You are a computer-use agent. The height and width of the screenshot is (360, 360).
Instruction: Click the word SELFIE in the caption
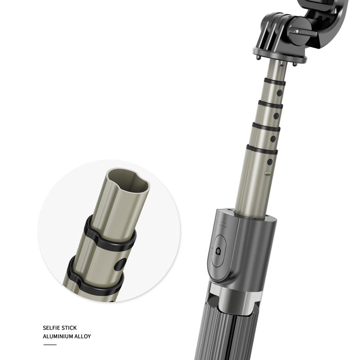51,328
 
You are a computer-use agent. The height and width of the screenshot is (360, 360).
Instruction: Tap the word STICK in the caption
69,328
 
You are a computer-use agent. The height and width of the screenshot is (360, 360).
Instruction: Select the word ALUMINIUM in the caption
58,336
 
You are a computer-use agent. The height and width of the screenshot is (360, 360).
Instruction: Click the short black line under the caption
50,344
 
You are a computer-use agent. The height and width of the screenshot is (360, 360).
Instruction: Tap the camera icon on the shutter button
219,251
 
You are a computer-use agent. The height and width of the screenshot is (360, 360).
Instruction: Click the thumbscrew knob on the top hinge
302,31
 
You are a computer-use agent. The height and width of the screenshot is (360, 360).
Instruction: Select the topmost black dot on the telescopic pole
279,93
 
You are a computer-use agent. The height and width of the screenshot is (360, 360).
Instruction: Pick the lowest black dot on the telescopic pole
270,162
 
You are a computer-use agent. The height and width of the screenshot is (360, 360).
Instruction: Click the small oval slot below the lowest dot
268,172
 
